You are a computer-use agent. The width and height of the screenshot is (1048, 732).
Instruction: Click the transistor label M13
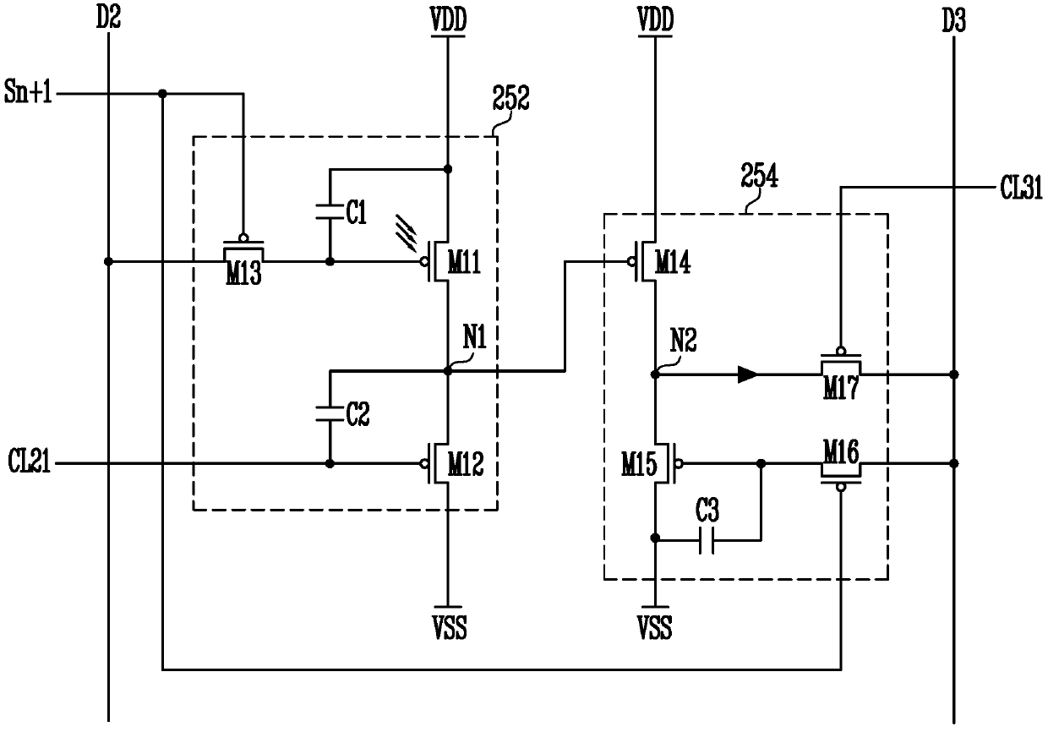pos(243,273)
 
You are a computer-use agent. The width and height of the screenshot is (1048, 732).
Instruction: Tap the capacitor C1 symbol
pos(330,211)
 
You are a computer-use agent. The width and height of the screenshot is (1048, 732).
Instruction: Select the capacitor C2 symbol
pos(330,413)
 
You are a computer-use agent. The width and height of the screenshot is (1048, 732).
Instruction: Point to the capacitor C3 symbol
pos(707,541)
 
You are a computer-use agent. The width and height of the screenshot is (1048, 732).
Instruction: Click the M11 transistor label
pos(464,262)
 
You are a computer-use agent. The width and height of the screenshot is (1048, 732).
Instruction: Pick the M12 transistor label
pos(466,464)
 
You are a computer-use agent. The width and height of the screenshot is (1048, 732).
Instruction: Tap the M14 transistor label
pos(673,262)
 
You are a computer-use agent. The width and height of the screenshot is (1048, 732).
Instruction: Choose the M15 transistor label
pos(639,464)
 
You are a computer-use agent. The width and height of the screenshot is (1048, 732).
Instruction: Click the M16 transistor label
pos(841,451)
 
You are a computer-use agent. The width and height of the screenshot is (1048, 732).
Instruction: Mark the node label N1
pos(475,337)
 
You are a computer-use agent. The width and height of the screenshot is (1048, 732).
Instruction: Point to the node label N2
pos(684,341)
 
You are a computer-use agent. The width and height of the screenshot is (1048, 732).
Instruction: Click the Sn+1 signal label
pos(28,92)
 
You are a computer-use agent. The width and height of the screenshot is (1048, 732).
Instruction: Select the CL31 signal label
pos(1021,188)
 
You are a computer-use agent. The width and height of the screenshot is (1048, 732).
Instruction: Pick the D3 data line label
pos(954,20)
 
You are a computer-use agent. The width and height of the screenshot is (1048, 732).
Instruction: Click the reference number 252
pos(510,98)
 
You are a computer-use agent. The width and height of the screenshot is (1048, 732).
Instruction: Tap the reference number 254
pos(759,176)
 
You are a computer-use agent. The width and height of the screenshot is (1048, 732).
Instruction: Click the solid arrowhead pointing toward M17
pos(748,374)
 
